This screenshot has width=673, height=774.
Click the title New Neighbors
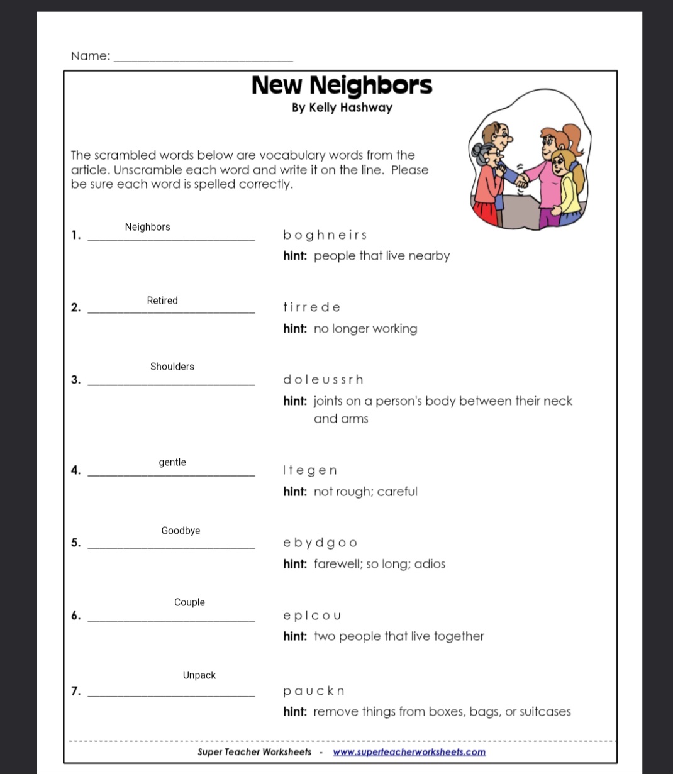coord(342,85)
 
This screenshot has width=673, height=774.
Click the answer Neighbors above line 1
coord(147,227)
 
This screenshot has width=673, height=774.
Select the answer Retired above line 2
coord(162,301)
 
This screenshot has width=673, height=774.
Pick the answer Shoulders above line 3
coord(172,367)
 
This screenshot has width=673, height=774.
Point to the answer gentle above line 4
coord(172,462)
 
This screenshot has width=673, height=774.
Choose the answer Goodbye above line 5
coord(181,531)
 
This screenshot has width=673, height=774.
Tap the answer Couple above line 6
coord(189,602)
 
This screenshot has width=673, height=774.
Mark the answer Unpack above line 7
coord(199,675)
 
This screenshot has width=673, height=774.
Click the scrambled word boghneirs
coord(325,235)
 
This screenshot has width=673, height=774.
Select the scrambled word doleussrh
coord(323,380)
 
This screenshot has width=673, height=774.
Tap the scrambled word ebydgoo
coord(320,543)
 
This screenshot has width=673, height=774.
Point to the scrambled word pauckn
coord(314,691)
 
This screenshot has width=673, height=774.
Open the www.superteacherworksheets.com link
coord(409,752)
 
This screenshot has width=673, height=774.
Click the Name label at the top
coord(91,56)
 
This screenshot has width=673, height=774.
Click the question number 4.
coord(75,470)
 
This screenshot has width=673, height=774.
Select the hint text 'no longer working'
coord(365,329)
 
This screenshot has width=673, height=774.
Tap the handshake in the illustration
coord(521,180)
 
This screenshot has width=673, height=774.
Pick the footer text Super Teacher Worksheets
coord(254,752)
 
